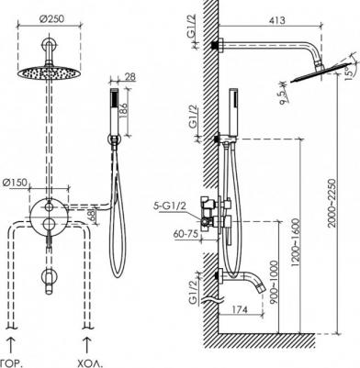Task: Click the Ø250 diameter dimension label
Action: [x=52, y=19]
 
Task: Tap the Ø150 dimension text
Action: [x=16, y=183]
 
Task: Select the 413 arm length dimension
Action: [x=276, y=20]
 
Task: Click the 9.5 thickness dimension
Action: [x=283, y=96]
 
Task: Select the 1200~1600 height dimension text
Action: [x=296, y=242]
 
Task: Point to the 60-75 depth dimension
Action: [x=186, y=235]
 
